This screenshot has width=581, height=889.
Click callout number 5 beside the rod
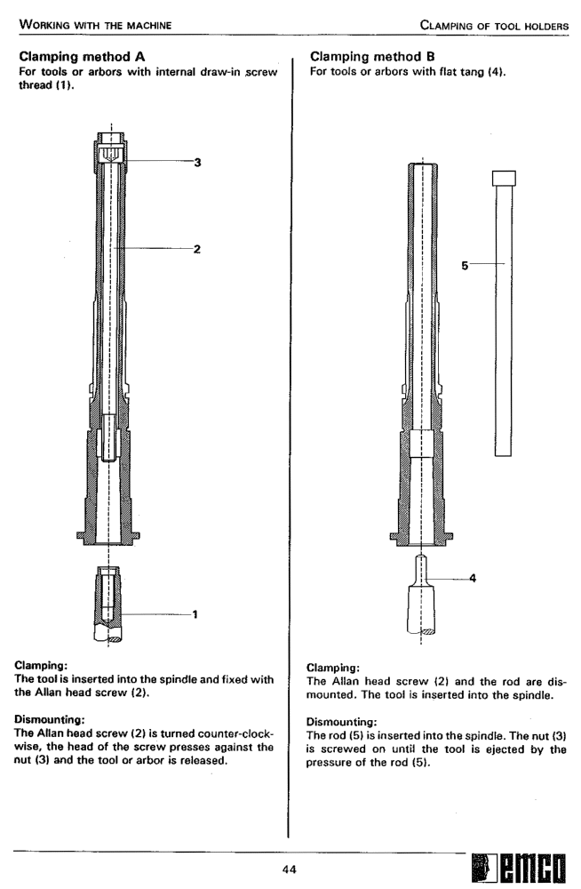[464, 263]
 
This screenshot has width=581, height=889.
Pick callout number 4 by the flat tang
[473, 578]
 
